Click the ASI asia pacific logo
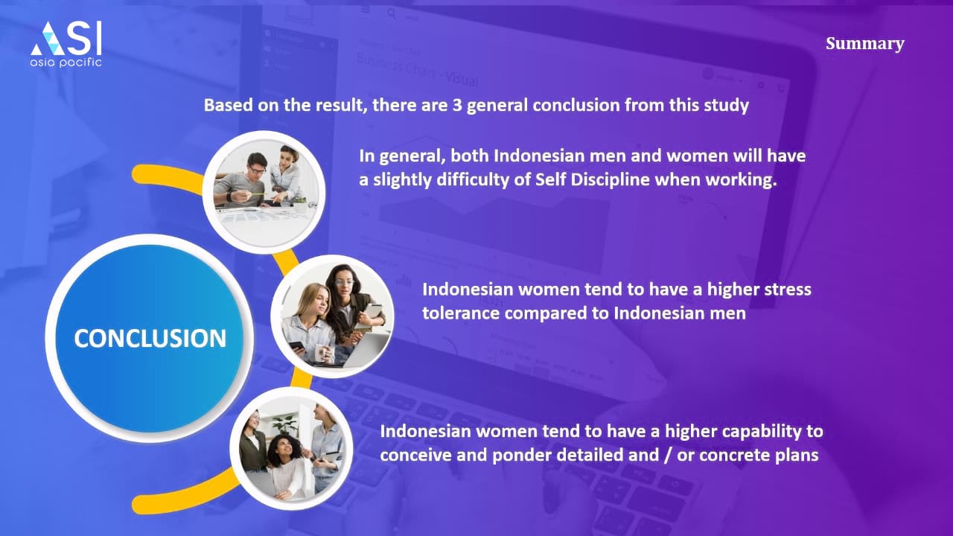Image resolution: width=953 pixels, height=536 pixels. (66, 44)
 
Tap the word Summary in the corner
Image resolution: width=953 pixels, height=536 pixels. (865, 44)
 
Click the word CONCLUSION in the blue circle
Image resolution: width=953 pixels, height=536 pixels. (150, 339)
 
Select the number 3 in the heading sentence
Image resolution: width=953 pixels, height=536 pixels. (457, 105)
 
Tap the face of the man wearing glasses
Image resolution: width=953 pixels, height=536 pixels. (257, 167)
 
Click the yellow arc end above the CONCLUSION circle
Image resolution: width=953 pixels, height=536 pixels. (141, 174)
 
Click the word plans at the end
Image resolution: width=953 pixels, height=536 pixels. (797, 456)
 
